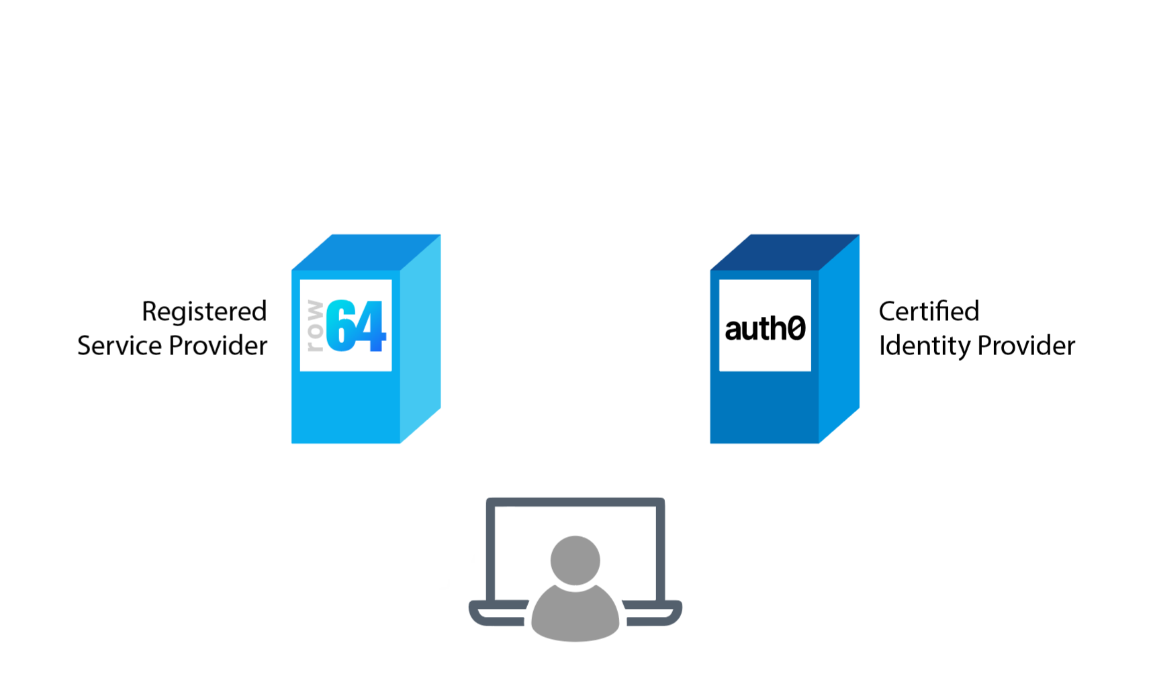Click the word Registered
tap(204, 312)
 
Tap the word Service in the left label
tap(120, 346)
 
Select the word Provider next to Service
tap(218, 346)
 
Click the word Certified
tap(929, 311)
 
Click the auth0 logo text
tap(765, 328)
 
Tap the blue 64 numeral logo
tap(356, 326)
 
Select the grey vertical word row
tap(314, 326)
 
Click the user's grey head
tap(575, 559)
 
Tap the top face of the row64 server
tap(367, 252)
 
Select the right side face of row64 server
tap(421, 339)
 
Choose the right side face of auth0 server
tap(839, 339)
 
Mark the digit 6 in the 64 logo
tap(340, 326)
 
